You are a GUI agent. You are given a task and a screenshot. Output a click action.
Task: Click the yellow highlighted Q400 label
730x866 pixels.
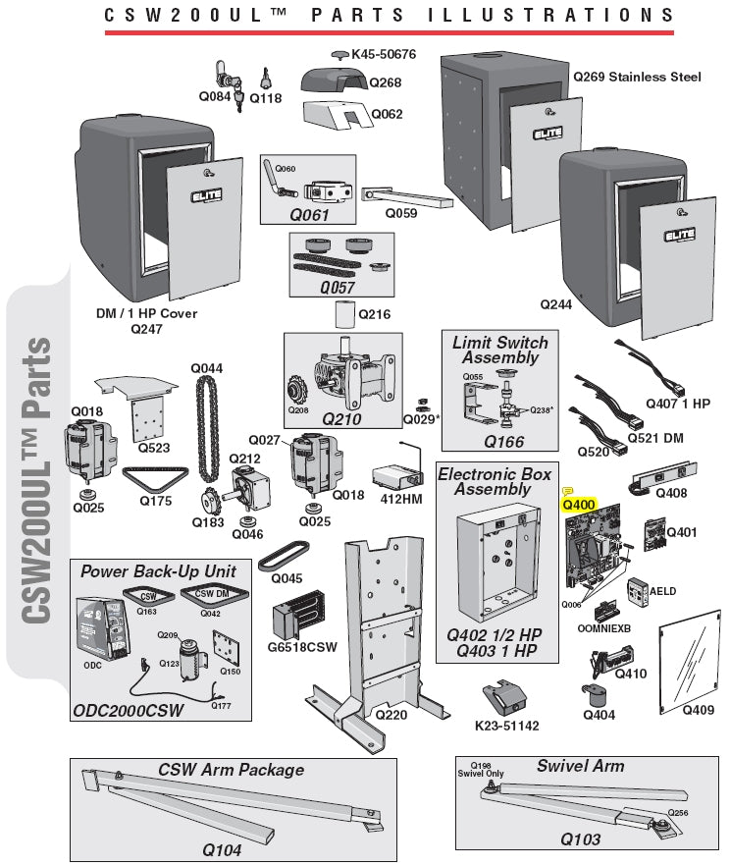[578, 505]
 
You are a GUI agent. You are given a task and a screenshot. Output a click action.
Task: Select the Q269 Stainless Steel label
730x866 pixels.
[637, 77]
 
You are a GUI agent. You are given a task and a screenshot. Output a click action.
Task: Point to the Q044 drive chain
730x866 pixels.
[207, 422]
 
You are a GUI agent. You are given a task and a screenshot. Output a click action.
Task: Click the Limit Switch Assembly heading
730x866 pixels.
[500, 351]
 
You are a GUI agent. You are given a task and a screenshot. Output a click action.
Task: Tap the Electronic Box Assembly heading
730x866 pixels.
[495, 482]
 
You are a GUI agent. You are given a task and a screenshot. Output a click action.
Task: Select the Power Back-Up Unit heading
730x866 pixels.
[158, 570]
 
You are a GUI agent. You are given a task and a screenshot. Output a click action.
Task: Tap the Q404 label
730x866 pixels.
[599, 715]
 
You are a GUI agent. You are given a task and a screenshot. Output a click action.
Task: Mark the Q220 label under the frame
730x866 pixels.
[391, 715]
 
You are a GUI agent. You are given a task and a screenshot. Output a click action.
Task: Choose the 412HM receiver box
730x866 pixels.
[399, 478]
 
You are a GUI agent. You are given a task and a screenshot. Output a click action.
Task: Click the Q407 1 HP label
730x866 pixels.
[678, 404]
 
